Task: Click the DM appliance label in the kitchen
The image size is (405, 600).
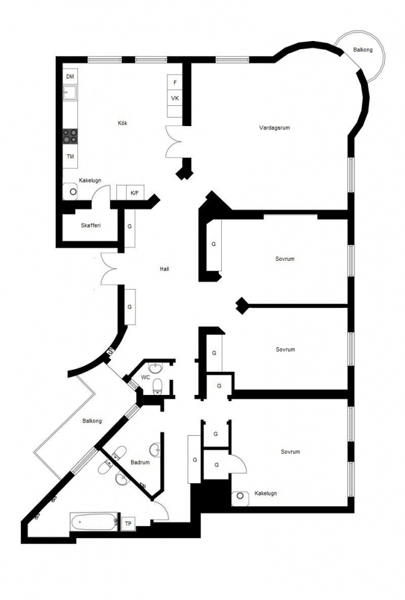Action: pyautogui.click(x=70, y=77)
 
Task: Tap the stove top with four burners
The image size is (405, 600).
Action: pyautogui.click(x=70, y=136)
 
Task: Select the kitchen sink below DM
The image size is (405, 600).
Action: pyautogui.click(x=70, y=92)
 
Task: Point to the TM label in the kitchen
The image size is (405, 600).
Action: pyautogui.click(x=70, y=157)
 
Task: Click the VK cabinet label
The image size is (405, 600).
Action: pyautogui.click(x=175, y=99)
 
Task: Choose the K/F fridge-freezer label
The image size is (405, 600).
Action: pyautogui.click(x=135, y=193)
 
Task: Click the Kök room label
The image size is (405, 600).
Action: pyautogui.click(x=123, y=123)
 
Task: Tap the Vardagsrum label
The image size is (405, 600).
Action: pyautogui.click(x=274, y=128)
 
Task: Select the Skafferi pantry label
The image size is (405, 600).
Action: pyautogui.click(x=91, y=225)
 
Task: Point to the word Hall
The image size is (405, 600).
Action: pyautogui.click(x=164, y=269)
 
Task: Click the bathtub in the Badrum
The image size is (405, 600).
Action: pyautogui.click(x=94, y=522)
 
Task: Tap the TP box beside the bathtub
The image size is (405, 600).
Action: pyautogui.click(x=128, y=523)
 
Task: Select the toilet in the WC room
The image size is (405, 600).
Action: pyautogui.click(x=157, y=386)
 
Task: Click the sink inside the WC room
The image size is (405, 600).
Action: pyautogui.click(x=156, y=368)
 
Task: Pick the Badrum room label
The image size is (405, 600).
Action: pyautogui.click(x=140, y=462)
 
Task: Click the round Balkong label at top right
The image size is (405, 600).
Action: pyautogui.click(x=363, y=50)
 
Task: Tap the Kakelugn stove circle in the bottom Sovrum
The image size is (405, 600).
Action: pyautogui.click(x=240, y=496)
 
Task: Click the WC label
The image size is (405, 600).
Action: pyautogui.click(x=145, y=377)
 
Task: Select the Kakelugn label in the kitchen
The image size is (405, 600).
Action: pyautogui.click(x=90, y=180)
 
